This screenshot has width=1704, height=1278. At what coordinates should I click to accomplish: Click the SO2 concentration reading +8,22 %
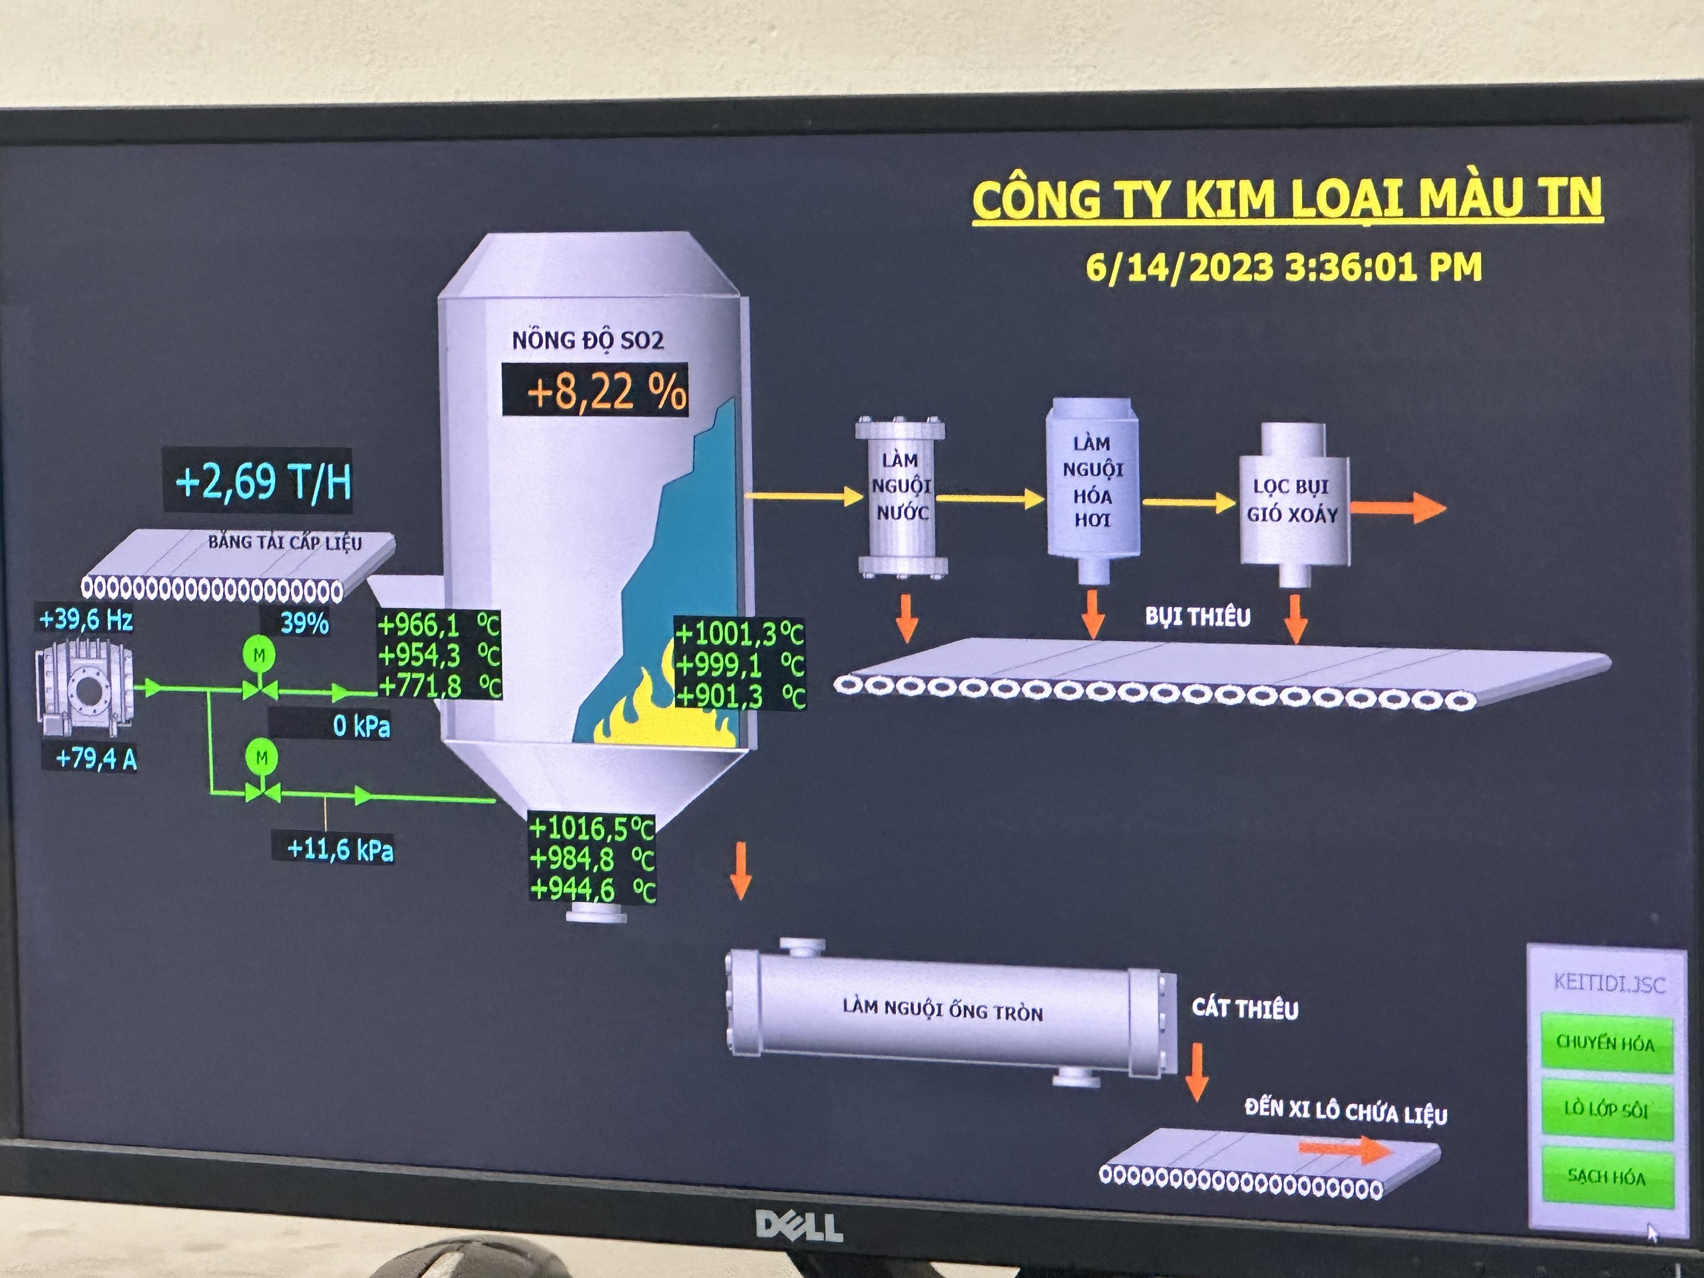point(594,391)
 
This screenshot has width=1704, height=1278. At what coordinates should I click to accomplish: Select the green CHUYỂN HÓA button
point(1606,1043)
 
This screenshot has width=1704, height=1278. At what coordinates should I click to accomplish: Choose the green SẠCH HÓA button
point(1606,1176)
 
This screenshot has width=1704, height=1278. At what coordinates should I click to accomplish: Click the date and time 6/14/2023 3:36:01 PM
point(1283,266)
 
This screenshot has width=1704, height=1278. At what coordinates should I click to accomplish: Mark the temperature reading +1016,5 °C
point(592,828)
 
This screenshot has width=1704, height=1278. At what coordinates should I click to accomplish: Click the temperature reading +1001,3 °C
point(738,634)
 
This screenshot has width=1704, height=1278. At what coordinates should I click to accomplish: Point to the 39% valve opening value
point(304,622)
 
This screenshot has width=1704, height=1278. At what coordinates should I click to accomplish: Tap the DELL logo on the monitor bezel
point(798,1225)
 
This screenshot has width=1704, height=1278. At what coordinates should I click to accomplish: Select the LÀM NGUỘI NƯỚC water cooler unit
point(901,497)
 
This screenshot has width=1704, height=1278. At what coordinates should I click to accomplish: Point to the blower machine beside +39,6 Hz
point(85,690)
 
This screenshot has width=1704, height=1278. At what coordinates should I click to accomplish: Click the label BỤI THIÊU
point(1197,616)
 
